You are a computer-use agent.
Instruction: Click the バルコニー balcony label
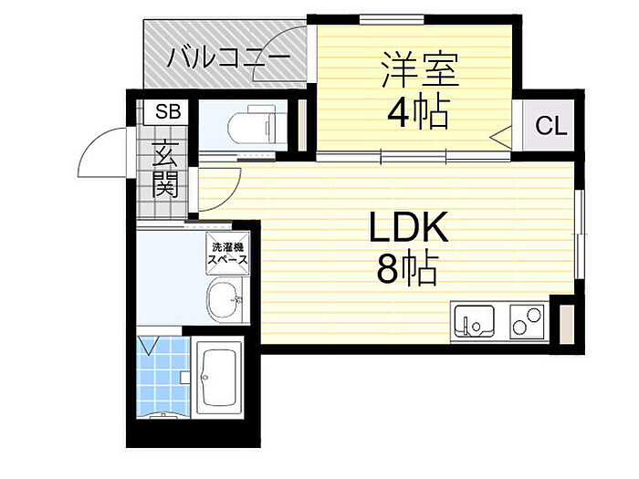pos(229,60)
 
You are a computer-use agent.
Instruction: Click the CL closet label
pos(550,126)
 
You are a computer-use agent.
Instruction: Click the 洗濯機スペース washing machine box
pos(228,253)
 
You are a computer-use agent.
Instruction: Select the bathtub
pos(216,380)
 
